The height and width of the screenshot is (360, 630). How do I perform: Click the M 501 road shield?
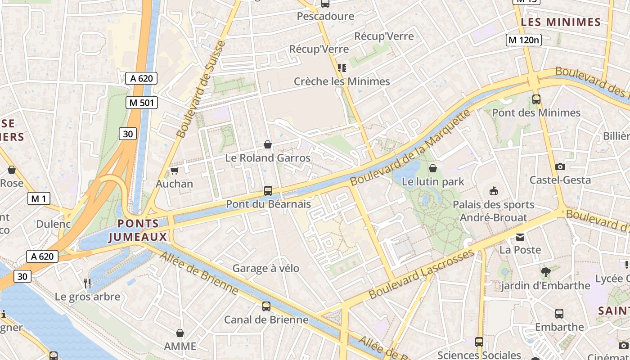click(x=141, y=103)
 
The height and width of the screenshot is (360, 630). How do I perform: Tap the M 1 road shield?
click(x=39, y=198)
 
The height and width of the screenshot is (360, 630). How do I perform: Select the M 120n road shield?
click(x=523, y=40)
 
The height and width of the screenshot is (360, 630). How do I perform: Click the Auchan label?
click(x=174, y=184)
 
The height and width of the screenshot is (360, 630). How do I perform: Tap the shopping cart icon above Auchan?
click(x=174, y=171)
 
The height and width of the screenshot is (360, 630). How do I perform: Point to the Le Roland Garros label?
click(x=268, y=158)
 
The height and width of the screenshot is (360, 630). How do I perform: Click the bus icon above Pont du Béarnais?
click(x=268, y=191)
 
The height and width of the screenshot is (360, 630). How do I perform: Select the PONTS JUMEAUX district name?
click(x=138, y=230)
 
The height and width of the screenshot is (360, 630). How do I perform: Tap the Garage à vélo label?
click(x=265, y=268)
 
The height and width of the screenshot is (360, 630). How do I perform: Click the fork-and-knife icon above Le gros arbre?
click(x=88, y=283)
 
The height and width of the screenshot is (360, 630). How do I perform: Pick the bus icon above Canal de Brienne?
click(x=266, y=306)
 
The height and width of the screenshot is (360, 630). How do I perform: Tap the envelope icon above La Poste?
click(x=520, y=237)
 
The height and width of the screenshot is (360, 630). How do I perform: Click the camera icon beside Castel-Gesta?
click(x=560, y=167)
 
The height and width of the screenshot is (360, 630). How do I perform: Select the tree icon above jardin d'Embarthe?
click(x=546, y=272)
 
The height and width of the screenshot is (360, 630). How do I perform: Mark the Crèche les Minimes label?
click(x=342, y=81)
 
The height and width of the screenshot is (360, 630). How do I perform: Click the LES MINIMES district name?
click(x=561, y=22)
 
